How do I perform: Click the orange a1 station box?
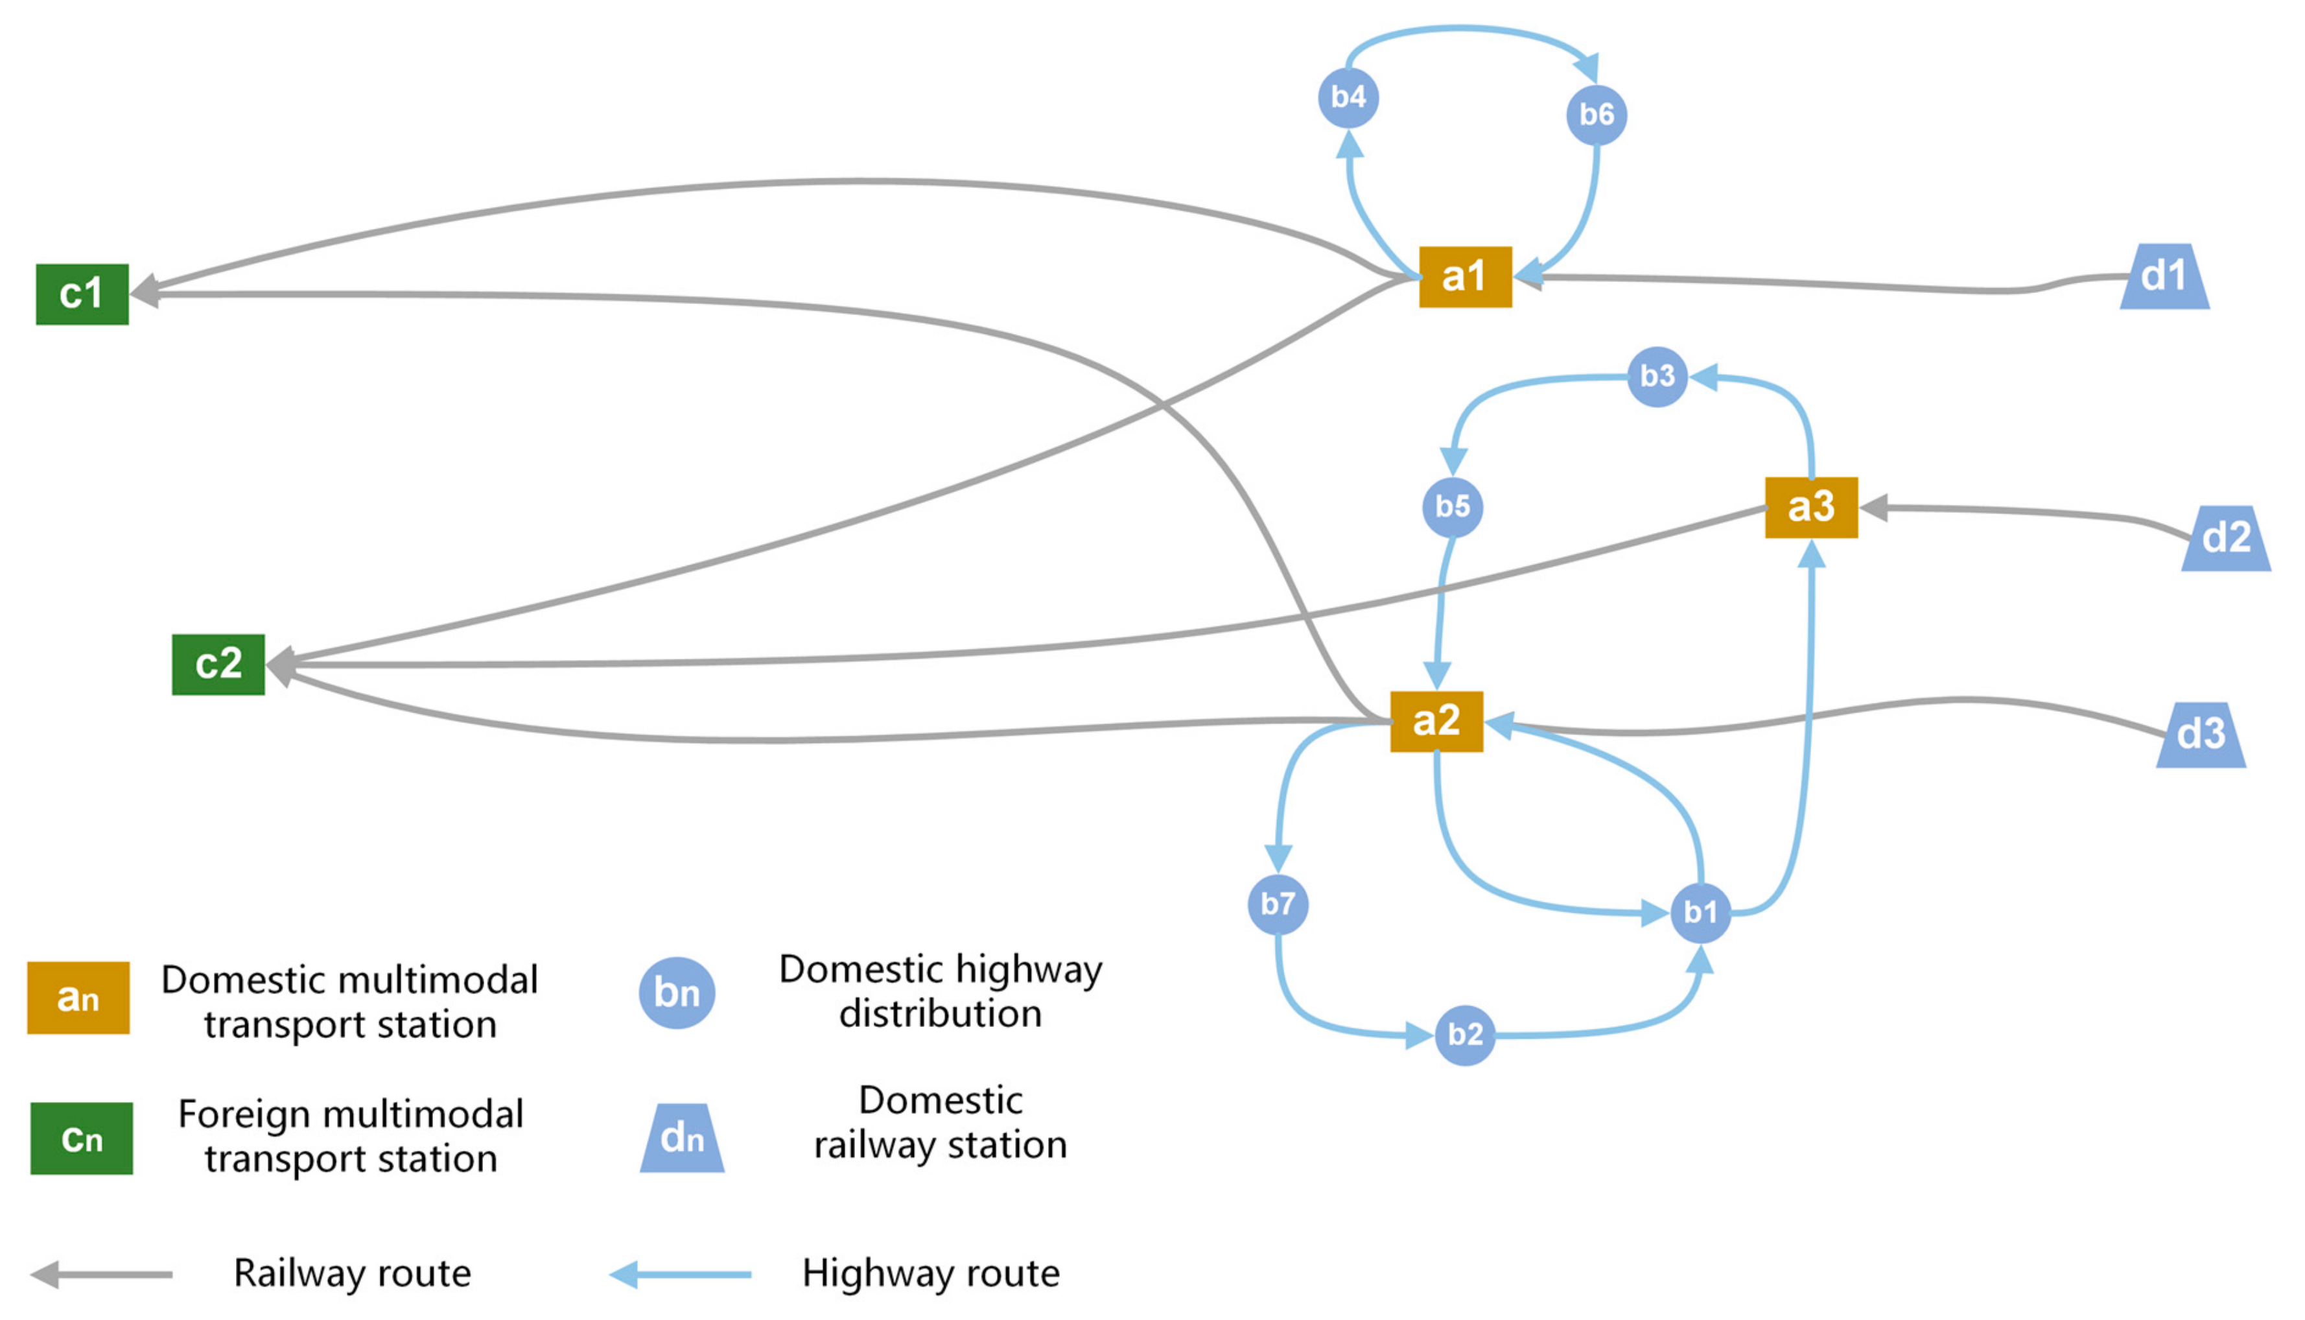(1465, 276)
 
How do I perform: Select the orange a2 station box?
(1436, 722)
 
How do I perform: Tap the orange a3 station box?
(1810, 508)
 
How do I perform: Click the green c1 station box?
(82, 294)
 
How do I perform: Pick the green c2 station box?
(218, 665)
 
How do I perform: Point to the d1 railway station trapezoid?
(2164, 276)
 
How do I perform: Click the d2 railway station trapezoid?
(2225, 539)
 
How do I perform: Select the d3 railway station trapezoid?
(2200, 735)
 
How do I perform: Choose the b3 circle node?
(1657, 376)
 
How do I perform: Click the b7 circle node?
(1277, 904)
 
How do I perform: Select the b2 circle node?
(1465, 1035)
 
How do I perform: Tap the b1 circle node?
(1700, 912)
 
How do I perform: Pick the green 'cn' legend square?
(82, 1138)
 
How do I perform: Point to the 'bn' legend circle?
(677, 993)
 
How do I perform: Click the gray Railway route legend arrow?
(102, 1275)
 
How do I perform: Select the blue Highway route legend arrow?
(680, 1275)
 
